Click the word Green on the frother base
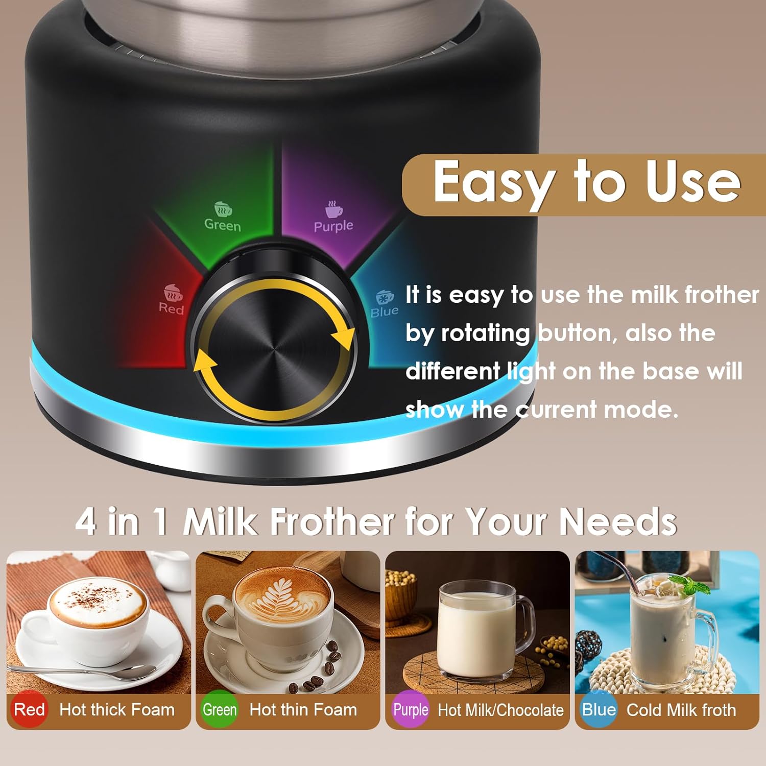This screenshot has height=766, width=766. pos(222,225)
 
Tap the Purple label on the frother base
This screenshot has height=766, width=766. pos(333,226)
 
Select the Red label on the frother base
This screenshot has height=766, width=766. pos(171,308)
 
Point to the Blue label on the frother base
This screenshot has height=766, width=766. pos(384,311)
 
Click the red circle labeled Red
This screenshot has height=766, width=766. pos(30,709)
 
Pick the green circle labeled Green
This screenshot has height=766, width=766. pos(220,709)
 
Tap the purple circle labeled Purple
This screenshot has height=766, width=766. pos(410,709)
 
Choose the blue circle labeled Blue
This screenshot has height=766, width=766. pos(599,709)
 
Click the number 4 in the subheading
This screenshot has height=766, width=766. pos(86,521)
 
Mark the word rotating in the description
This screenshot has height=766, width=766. pos(485,333)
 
